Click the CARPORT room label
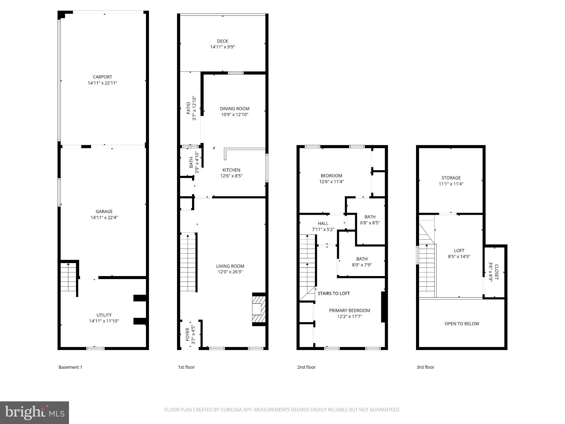tap(102, 77)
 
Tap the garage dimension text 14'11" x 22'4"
tap(104, 218)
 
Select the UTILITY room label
tap(104, 315)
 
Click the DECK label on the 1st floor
tap(222, 41)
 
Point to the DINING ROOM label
tap(234, 109)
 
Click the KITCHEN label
tap(231, 170)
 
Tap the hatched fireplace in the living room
tap(259, 309)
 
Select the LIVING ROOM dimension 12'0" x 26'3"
tap(230, 272)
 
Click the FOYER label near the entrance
tap(188, 334)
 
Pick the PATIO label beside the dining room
tap(188, 108)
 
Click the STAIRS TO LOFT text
tap(334, 293)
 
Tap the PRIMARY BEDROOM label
tap(349, 311)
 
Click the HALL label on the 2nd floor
tap(323, 223)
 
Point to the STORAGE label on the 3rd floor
tap(451, 178)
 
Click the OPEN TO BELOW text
tap(462, 324)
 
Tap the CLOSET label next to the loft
tap(496, 272)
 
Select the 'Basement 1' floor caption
tap(70, 367)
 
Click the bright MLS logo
tap(34, 412)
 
